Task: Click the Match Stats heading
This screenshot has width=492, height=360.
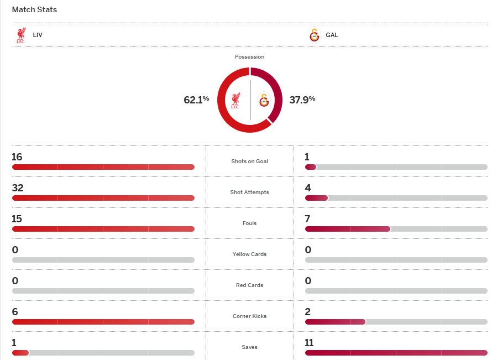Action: (34, 9)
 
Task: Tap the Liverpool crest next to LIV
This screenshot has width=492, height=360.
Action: (21, 35)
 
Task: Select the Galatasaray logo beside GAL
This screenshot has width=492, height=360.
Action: (314, 35)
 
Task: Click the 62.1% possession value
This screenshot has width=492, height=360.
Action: (196, 100)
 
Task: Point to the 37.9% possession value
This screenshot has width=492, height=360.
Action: (302, 100)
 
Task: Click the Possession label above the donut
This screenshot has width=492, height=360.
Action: (249, 56)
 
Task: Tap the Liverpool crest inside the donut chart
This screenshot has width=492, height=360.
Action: (235, 100)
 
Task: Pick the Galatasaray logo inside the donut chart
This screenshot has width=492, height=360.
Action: (264, 100)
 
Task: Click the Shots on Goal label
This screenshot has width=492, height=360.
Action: (249, 161)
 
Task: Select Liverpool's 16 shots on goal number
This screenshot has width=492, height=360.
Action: (17, 157)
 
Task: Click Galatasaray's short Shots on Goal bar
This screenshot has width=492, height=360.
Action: (311, 167)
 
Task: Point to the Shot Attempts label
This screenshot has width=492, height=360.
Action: (249, 192)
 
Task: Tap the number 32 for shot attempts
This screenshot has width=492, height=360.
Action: (18, 188)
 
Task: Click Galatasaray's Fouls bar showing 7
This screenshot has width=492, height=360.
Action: (348, 229)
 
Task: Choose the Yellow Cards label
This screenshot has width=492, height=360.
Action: (249, 254)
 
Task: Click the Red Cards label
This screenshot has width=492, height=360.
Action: (249, 285)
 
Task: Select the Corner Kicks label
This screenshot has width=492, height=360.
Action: (249, 316)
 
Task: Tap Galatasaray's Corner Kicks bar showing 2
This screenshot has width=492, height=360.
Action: (335, 322)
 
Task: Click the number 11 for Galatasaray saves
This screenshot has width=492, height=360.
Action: (309, 343)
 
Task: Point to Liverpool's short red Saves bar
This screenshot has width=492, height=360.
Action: (20, 353)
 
